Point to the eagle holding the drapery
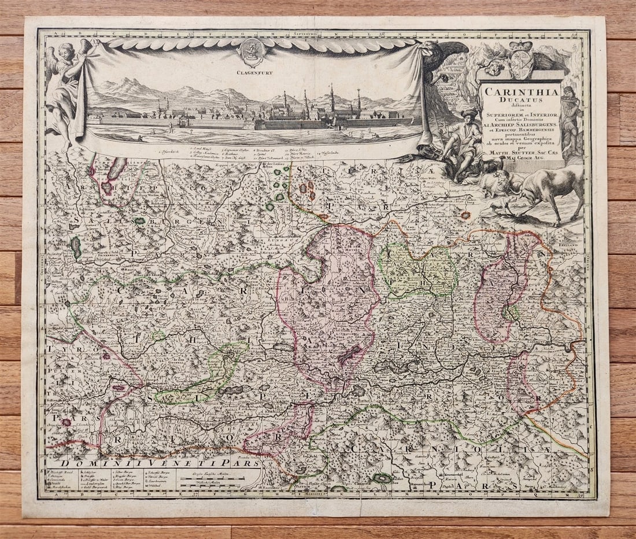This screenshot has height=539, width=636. click(x=445, y=58)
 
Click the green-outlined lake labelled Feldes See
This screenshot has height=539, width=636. click(x=382, y=478)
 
